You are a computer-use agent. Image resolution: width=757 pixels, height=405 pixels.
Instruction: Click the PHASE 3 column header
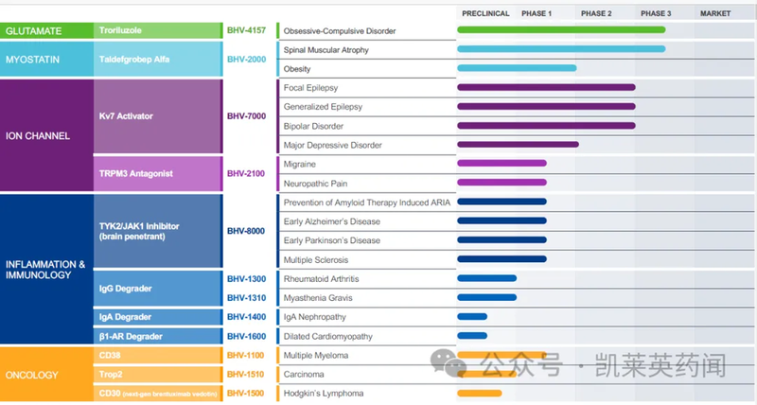[x=656, y=13]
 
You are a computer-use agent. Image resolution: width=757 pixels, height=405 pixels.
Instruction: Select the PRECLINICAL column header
[x=485, y=13]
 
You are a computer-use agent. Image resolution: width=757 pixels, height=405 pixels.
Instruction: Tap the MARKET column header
[x=714, y=13]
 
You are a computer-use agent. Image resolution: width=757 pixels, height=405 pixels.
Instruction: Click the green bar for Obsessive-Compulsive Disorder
[x=561, y=30]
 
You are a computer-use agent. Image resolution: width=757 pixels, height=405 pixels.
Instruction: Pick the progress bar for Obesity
[x=517, y=68]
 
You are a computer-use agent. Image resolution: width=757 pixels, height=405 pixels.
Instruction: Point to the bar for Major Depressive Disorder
[x=518, y=145]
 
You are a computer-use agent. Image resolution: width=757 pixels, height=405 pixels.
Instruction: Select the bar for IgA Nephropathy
[x=472, y=317]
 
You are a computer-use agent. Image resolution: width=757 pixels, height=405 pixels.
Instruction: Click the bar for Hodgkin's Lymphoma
[x=480, y=393]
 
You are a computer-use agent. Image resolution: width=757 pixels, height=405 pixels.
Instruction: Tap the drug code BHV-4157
[x=246, y=30]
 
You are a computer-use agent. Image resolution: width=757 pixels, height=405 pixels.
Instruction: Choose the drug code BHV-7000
[x=246, y=116]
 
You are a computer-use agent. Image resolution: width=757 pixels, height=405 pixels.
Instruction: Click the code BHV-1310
[x=246, y=297]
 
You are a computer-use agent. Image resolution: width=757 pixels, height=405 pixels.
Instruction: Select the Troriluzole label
[x=122, y=30]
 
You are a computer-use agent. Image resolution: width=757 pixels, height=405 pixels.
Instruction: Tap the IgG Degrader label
[x=126, y=287]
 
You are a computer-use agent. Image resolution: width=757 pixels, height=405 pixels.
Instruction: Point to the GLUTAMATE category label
[x=34, y=30]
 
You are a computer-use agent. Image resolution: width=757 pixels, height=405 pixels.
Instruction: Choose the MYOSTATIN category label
[x=35, y=59]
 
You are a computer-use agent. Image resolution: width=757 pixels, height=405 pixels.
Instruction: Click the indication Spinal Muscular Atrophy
[x=326, y=49]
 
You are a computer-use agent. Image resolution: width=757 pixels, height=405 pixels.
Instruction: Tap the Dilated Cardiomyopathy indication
[x=328, y=336]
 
